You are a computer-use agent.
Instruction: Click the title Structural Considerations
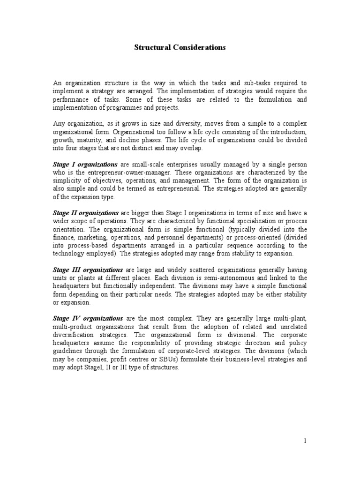(180, 48)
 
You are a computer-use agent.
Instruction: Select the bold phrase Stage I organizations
(85, 165)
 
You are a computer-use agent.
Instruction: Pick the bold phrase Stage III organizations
(88, 270)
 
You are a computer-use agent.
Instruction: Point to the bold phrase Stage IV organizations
(88, 318)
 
